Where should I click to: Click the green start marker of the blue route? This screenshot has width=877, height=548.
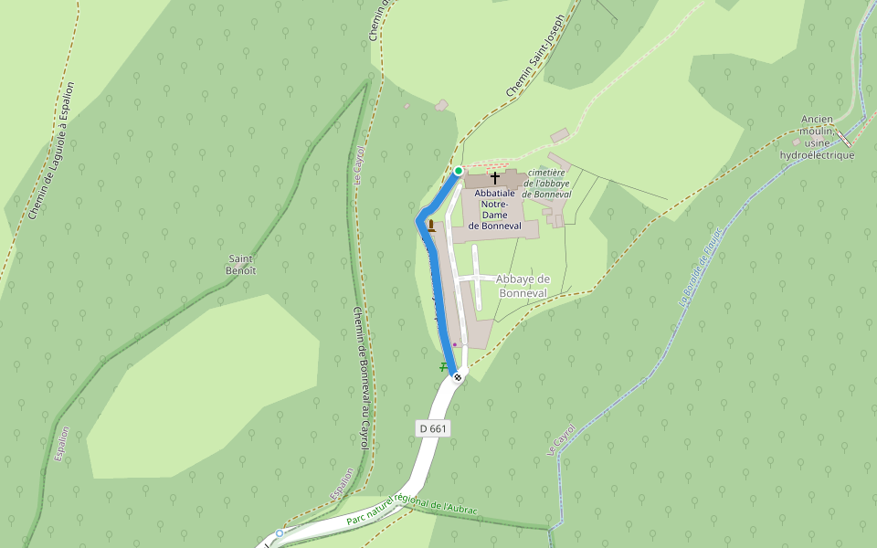coord(459,171)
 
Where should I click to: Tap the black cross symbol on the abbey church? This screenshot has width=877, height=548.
coord(495,177)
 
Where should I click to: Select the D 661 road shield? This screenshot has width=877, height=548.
coord(434,427)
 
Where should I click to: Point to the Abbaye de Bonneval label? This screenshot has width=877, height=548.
coord(523,286)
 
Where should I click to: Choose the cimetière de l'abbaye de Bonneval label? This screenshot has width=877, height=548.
coord(546,183)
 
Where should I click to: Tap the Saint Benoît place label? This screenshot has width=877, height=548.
coord(242,265)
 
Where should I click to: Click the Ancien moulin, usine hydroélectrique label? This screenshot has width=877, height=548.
coord(816,137)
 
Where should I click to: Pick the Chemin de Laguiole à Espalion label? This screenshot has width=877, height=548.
coord(51,151)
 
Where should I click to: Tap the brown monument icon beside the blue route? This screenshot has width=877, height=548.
coord(431,225)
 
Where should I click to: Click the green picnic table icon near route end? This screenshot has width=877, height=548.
coord(443,366)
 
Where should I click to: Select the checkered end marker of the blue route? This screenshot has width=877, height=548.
coord(458,375)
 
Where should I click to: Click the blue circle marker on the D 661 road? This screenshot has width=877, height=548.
coord(279,532)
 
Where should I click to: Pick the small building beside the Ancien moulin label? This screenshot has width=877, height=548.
coord(796,142)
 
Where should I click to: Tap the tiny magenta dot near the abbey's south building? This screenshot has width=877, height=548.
coord(455,344)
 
